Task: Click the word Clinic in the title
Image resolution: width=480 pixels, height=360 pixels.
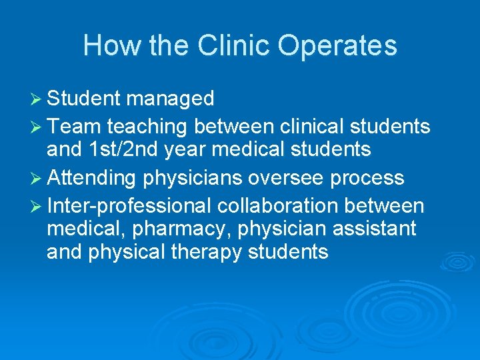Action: click(x=234, y=46)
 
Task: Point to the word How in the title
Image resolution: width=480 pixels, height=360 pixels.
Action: click(x=104, y=46)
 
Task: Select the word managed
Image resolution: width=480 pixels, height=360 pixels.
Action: click(x=170, y=99)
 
